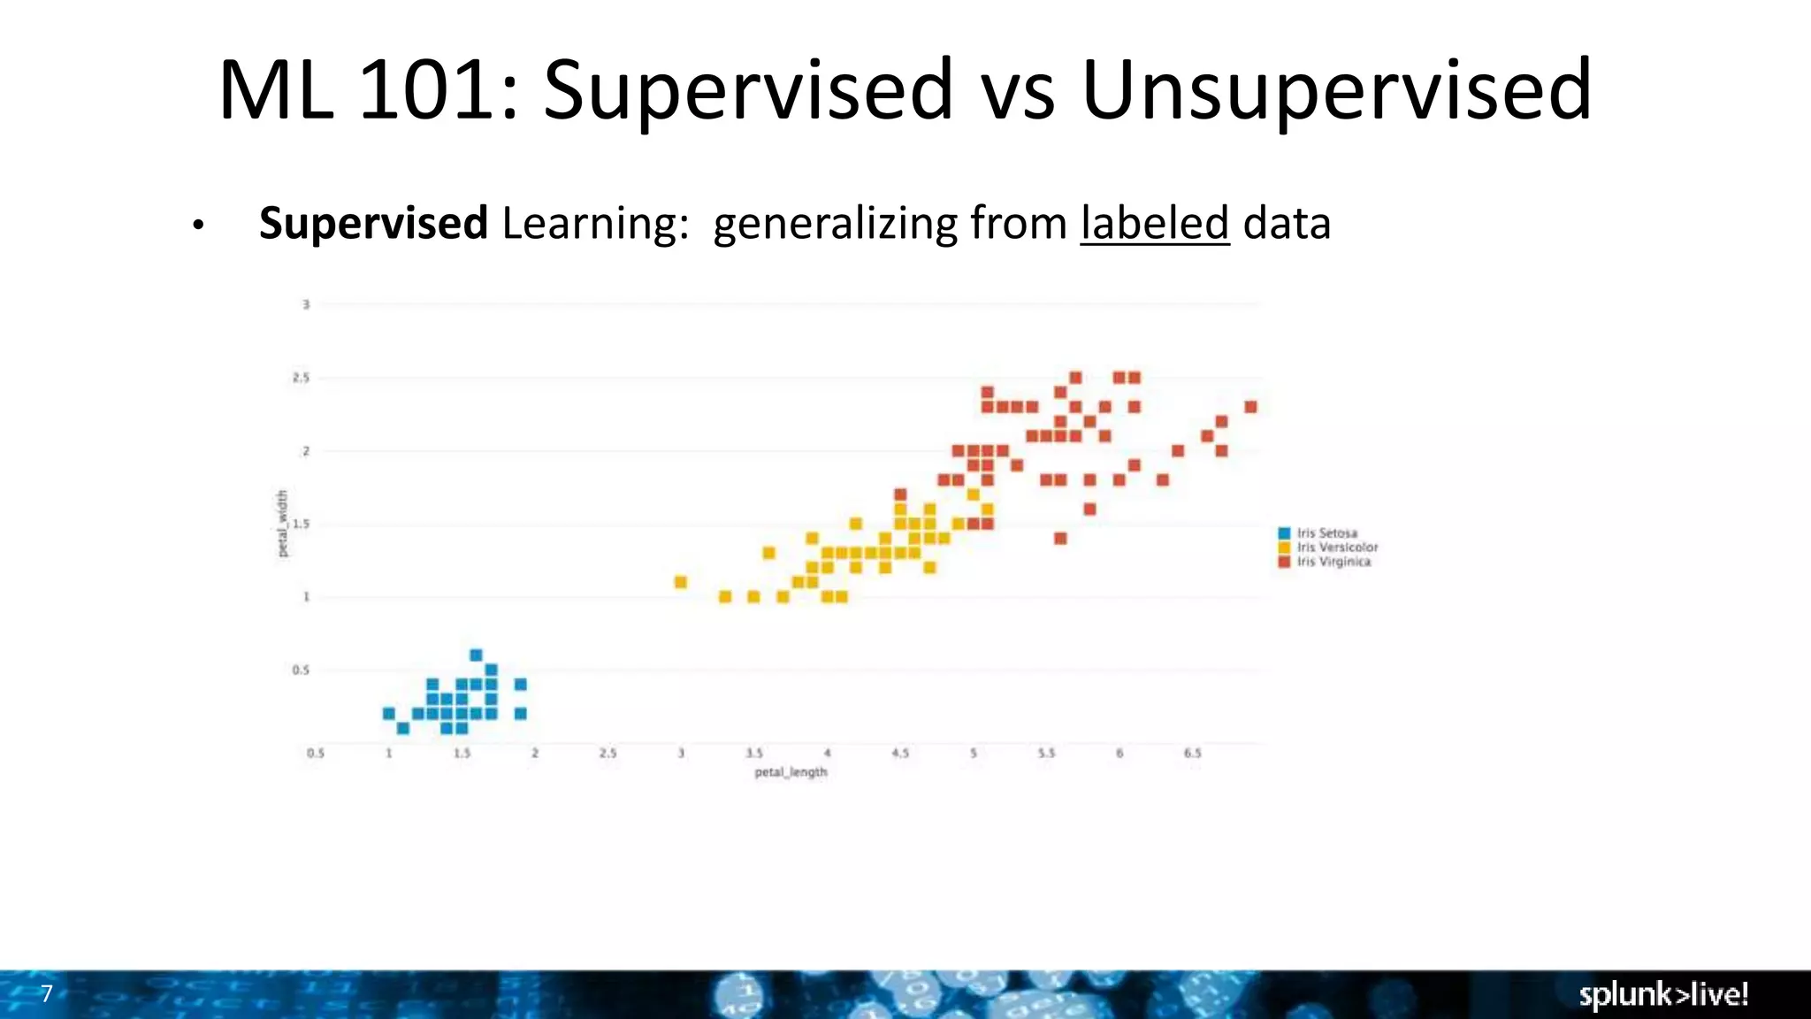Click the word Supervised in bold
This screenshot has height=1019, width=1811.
[x=372, y=223]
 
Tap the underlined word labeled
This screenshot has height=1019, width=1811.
[x=1154, y=223]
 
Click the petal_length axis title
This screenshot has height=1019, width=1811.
[x=791, y=772]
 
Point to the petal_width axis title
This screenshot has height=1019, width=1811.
[x=283, y=524]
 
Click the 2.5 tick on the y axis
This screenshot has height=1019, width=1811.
[x=302, y=378]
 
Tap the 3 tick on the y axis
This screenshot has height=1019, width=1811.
[x=306, y=304]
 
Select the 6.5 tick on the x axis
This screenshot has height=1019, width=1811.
[x=1192, y=753]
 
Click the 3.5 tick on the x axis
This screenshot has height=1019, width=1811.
[x=753, y=753]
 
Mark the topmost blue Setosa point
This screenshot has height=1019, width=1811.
[x=476, y=655]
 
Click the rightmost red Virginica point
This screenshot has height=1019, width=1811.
[x=1250, y=407]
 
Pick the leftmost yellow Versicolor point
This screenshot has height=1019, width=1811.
[x=680, y=582]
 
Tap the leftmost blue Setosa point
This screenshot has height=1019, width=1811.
[x=388, y=713]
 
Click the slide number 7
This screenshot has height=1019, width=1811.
[x=47, y=993]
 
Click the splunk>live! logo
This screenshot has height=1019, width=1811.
[x=1662, y=994]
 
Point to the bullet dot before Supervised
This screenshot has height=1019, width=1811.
[x=198, y=226]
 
